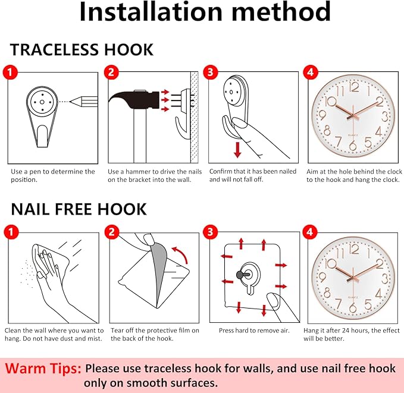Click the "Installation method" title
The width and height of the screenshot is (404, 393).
click(205, 12)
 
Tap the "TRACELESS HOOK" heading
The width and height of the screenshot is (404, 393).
click(82, 49)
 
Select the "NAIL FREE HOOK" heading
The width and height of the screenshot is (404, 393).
click(79, 209)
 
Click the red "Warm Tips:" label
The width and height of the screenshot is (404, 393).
click(43, 368)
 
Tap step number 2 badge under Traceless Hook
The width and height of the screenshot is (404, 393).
click(111, 72)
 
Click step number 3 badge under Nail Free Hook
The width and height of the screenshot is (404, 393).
click(211, 232)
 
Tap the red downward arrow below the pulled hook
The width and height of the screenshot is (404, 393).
click(237, 150)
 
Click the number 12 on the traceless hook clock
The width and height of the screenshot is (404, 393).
click(354, 87)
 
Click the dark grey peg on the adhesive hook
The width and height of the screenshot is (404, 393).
click(240, 275)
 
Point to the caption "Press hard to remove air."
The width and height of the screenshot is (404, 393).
click(254, 331)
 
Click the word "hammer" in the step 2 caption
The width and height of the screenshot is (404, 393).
click(139, 171)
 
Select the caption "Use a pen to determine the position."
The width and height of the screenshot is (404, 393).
click(53, 175)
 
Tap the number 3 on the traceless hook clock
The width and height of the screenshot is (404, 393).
click(385, 117)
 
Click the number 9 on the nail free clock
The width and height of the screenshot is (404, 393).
click(322, 278)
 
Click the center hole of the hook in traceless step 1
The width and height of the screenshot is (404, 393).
click(42, 102)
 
